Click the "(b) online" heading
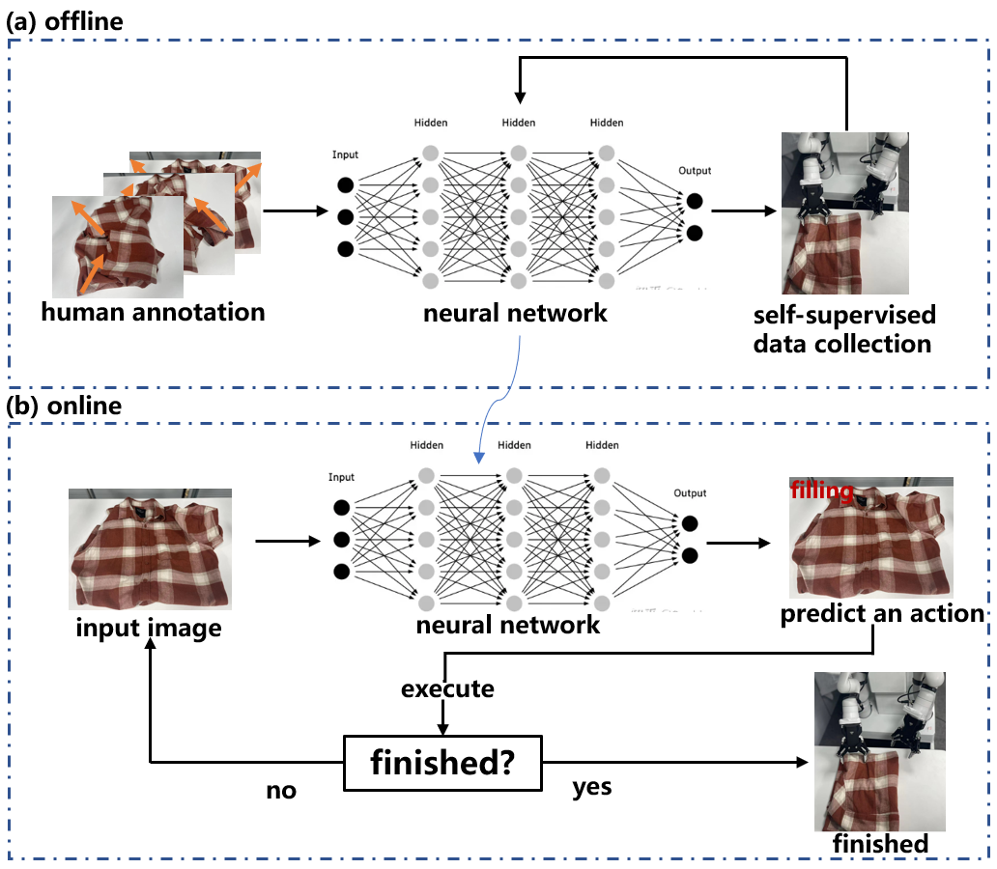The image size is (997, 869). [x=64, y=406]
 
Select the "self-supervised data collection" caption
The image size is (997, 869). [x=846, y=329]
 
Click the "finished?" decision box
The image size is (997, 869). [x=442, y=763]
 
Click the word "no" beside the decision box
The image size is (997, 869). [x=281, y=791]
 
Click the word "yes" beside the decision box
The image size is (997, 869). [x=591, y=787]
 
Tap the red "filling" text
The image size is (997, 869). [x=822, y=491]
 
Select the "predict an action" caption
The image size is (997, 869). [x=882, y=614]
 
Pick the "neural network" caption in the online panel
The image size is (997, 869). [x=508, y=625]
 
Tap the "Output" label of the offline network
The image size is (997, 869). [x=694, y=171]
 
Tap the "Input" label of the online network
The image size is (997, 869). [x=341, y=477]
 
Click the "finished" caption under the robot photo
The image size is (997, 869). [x=880, y=843]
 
